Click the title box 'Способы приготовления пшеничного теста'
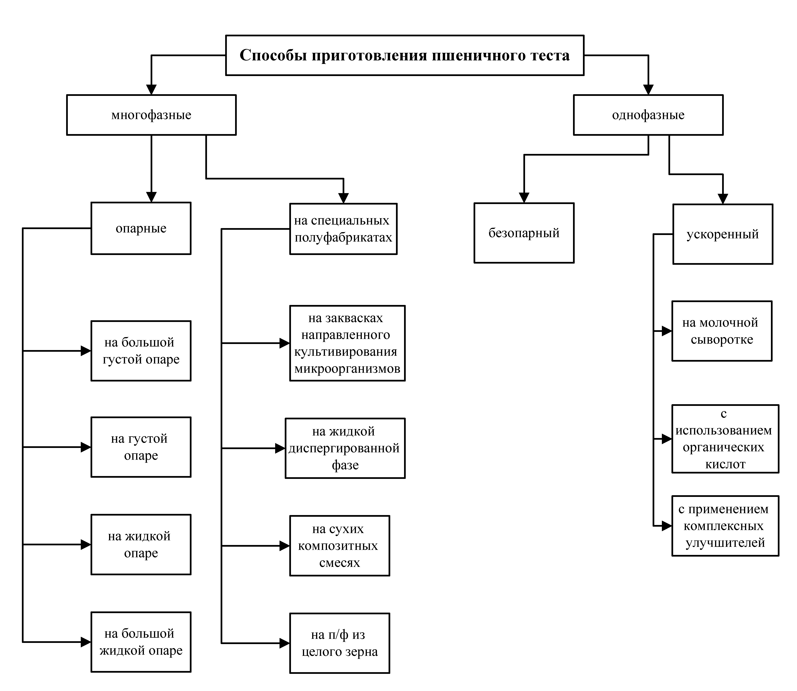coord(405,55)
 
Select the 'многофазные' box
coord(151,115)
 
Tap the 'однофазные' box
coord(648,115)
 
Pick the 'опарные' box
coord(141,228)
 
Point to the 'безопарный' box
coord(524,233)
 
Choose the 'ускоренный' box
coord(723,234)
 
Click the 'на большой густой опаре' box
coord(141,351)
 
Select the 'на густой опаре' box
coord(141,447)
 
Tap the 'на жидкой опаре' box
coord(141,544)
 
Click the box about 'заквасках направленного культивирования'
coord(347,343)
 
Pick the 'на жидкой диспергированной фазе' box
coord(345,448)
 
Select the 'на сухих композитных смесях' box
coord(339,546)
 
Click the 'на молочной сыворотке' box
coord(722,331)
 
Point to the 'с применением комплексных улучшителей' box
coord(725,526)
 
